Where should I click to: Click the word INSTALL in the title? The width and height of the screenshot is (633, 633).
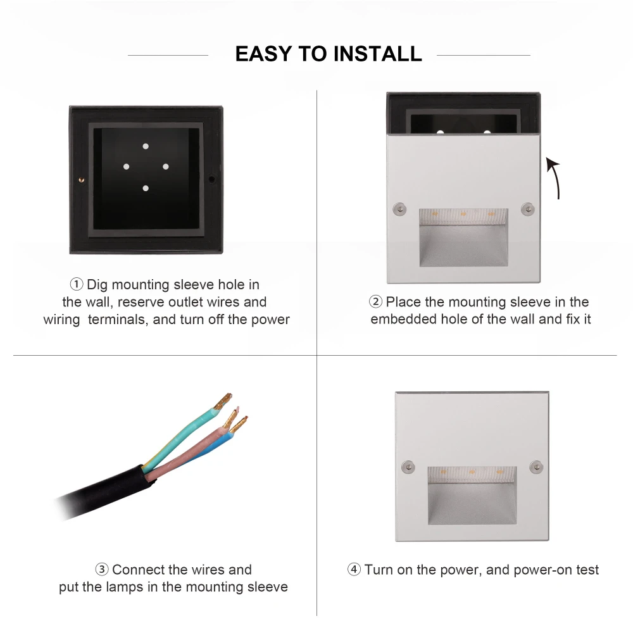point(378,54)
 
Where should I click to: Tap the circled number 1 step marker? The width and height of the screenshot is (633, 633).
point(77,284)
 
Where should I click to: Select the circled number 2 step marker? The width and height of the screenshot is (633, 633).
point(375,301)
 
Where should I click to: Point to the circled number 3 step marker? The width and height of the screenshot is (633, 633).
point(102,569)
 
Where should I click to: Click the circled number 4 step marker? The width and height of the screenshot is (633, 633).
point(354,569)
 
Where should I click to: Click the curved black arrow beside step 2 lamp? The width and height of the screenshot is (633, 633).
point(556,178)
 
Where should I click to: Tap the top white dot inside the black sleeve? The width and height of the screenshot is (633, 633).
point(146,146)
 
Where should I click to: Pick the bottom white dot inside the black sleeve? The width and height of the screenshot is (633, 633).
point(146,188)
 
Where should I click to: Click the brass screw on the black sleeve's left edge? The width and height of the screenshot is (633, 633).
point(81,180)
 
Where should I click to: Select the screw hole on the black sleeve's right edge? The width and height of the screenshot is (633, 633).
point(211,179)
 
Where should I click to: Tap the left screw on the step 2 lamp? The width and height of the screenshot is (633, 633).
point(399,209)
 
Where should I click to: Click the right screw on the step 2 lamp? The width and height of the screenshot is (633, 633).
point(528,209)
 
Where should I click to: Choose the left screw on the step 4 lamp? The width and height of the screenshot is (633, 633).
point(408,467)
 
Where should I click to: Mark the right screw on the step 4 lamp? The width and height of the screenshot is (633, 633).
point(536,467)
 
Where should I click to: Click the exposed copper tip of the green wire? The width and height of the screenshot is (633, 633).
point(223,401)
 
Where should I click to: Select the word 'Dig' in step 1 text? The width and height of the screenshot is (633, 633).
point(97,285)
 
